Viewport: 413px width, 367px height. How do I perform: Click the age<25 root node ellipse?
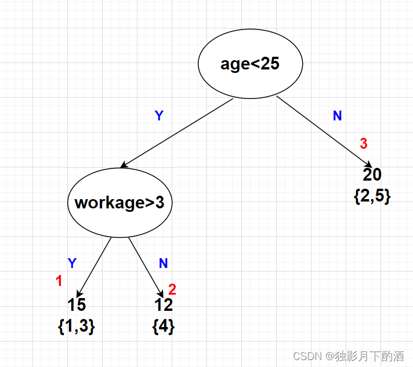(x=250, y=64)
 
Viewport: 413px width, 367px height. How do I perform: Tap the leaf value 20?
(x=372, y=175)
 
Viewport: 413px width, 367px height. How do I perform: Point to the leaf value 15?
(x=76, y=305)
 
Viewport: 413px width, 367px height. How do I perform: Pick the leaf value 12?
(x=164, y=305)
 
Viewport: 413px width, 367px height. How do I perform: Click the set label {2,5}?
(x=372, y=196)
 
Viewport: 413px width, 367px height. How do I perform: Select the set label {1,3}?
(x=76, y=326)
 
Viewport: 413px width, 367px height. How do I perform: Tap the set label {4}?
(x=163, y=326)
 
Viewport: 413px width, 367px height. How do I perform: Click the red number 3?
(x=364, y=143)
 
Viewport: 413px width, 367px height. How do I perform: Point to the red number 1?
(x=59, y=281)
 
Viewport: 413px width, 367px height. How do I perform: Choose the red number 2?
(x=172, y=288)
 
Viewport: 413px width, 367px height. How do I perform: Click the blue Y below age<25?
(x=159, y=116)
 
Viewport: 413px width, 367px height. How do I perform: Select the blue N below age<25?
(x=337, y=116)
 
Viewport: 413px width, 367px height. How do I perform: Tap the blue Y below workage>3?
(x=72, y=263)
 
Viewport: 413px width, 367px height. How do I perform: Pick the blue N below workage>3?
(x=163, y=263)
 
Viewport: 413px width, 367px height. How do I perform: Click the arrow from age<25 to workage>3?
(x=177, y=134)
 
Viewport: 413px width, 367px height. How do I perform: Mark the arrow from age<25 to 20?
(x=324, y=131)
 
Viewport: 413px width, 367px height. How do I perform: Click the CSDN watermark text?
(x=348, y=356)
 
